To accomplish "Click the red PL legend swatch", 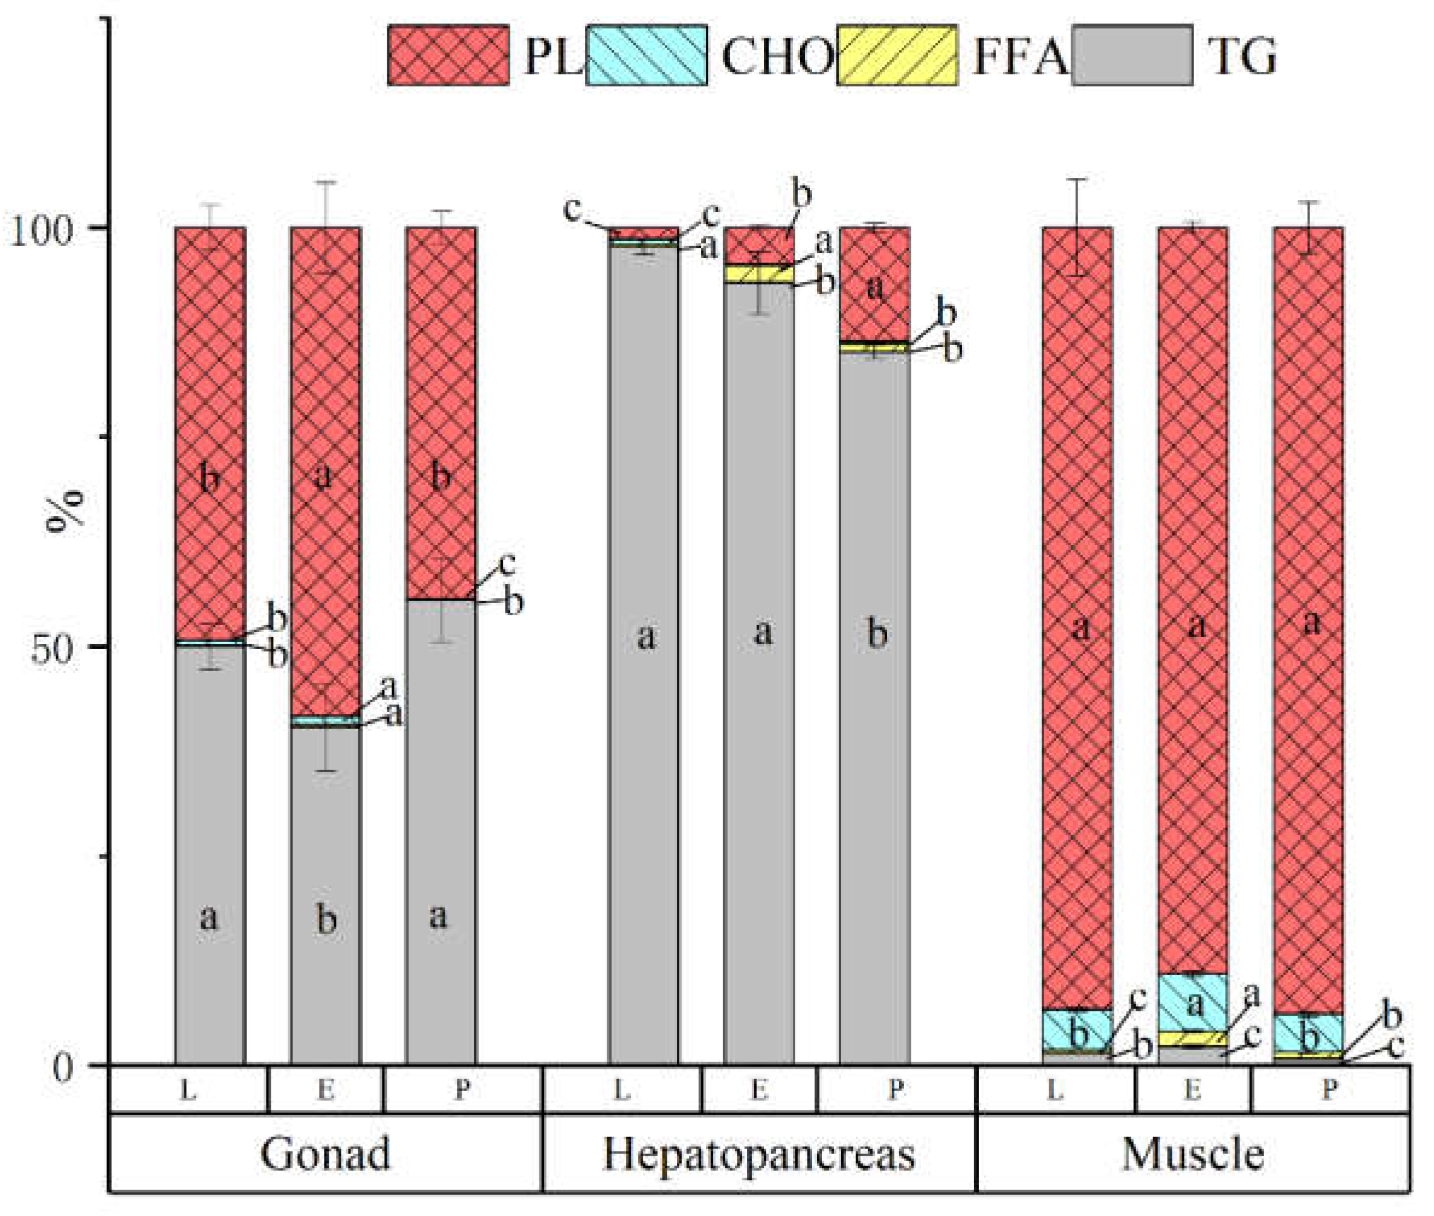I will [x=448, y=55].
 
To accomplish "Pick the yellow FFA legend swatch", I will [x=896, y=55].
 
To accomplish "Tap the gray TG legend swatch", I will [x=1132, y=55].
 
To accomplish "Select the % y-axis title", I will [x=64, y=511].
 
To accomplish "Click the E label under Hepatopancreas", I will [x=759, y=1090].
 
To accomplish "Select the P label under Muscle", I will [x=1329, y=1090].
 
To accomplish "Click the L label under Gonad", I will [x=187, y=1090].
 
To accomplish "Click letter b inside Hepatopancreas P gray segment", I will [x=876, y=633].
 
